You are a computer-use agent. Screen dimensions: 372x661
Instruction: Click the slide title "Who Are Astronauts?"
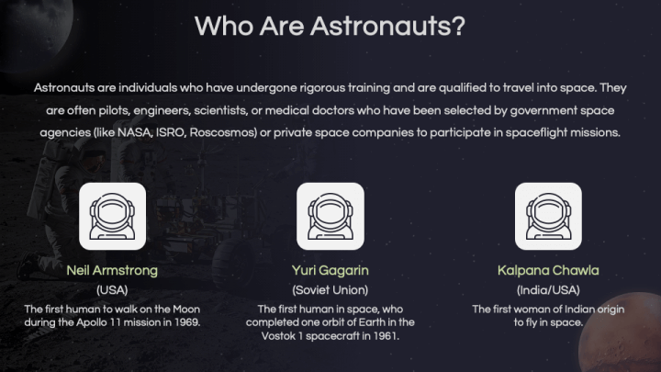(330, 26)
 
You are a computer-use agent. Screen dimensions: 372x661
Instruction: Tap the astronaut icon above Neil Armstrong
(112, 217)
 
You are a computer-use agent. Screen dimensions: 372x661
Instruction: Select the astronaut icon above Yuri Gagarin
(330, 217)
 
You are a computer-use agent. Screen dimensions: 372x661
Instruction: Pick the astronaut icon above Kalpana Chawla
(548, 217)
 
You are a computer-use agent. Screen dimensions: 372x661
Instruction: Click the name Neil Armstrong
(112, 271)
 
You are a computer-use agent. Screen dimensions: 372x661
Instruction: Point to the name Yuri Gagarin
(330, 271)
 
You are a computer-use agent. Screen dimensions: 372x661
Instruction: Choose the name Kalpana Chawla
(548, 271)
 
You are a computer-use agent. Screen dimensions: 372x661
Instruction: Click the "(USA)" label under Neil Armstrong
(112, 290)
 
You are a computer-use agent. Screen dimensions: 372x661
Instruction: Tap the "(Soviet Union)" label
(330, 290)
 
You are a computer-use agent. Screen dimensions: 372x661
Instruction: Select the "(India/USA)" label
(548, 290)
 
